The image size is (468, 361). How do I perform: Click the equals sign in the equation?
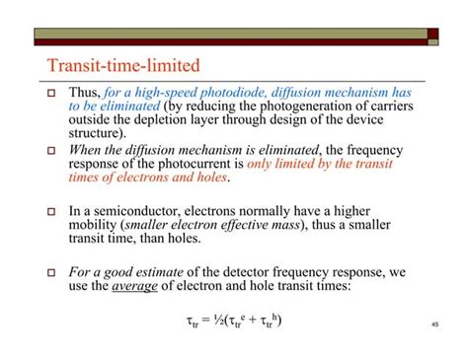point(208,320)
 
